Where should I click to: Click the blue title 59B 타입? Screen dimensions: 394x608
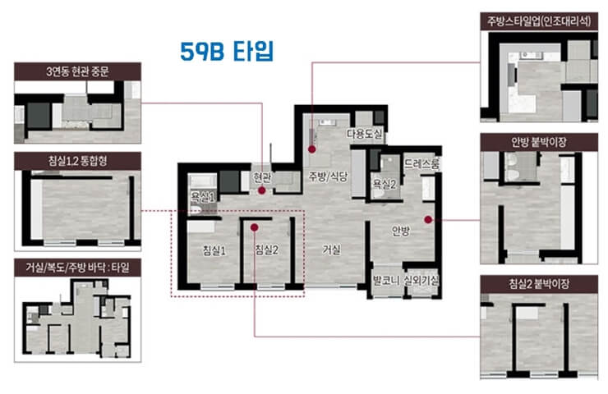point(226,51)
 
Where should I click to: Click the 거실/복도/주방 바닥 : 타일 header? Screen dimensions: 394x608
point(78,267)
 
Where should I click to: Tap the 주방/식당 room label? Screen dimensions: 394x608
point(329,176)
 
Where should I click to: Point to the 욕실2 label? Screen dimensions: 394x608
point(385,184)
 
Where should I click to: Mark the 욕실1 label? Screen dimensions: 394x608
point(201,197)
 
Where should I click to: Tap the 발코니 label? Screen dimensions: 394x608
point(385,281)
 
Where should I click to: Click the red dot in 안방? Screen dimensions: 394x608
point(428,218)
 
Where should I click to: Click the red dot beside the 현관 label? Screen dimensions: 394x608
point(261,190)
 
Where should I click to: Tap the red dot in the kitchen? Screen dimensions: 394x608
point(312,149)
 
